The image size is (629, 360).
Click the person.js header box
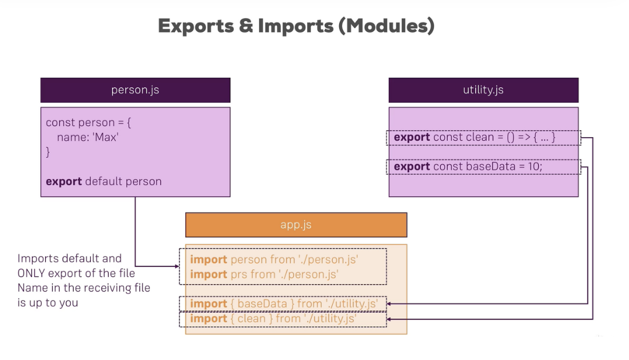click(135, 90)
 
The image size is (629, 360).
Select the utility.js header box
click(483, 90)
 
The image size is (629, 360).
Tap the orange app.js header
click(296, 225)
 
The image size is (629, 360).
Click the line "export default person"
click(103, 182)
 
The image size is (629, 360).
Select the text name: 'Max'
click(87, 137)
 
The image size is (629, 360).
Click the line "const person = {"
click(89, 123)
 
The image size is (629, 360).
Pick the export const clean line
click(475, 137)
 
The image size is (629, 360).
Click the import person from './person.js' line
click(274, 259)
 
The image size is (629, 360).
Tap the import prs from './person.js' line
click(264, 274)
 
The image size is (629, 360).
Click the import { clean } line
click(273, 319)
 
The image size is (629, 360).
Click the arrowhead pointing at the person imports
click(176, 266)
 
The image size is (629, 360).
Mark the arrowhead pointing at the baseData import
click(390, 304)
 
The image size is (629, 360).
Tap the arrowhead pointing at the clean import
click(390, 319)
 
